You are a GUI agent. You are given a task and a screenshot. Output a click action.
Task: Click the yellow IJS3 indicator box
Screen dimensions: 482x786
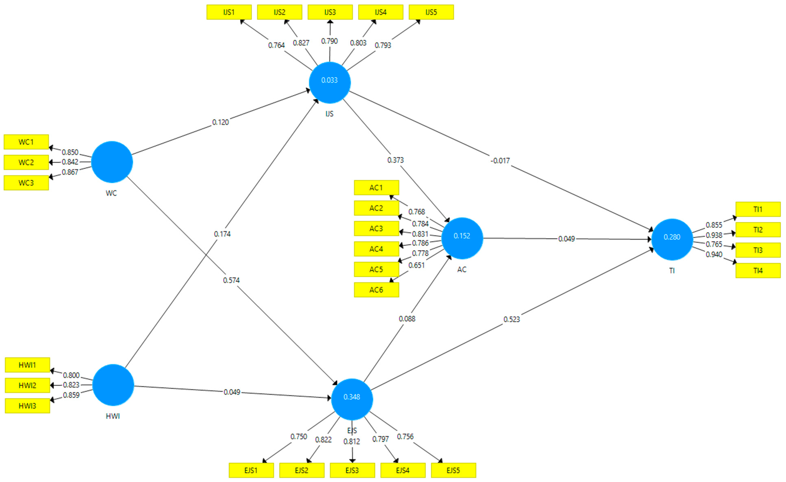click(330, 12)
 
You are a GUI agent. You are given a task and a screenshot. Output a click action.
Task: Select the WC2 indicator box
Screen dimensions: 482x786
click(26, 162)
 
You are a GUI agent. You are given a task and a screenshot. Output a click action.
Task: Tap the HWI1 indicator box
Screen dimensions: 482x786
click(27, 365)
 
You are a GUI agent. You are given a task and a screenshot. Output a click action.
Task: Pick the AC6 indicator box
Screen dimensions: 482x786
click(376, 290)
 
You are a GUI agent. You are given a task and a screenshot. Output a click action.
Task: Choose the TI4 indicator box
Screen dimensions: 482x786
click(758, 271)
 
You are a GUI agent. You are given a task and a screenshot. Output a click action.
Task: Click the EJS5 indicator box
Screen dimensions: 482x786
click(453, 470)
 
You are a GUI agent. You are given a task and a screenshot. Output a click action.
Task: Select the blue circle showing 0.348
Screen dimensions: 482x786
click(352, 399)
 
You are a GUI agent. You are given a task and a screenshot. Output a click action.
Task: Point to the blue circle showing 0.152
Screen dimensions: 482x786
click(462, 238)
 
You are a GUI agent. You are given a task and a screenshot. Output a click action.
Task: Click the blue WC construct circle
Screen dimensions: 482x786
click(112, 162)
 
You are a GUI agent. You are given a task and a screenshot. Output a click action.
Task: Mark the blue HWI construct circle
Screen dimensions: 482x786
click(113, 385)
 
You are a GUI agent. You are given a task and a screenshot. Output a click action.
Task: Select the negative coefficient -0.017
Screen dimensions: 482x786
click(500, 161)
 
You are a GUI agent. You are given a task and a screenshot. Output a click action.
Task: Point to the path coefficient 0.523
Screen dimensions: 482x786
click(512, 319)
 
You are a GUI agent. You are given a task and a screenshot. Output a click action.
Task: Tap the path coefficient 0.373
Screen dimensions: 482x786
click(395, 160)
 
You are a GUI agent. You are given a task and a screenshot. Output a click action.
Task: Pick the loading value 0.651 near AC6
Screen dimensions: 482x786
click(416, 265)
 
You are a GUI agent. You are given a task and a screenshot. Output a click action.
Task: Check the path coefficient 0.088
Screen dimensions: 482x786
click(407, 319)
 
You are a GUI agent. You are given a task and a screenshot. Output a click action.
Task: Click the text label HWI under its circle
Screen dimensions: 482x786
click(113, 416)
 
